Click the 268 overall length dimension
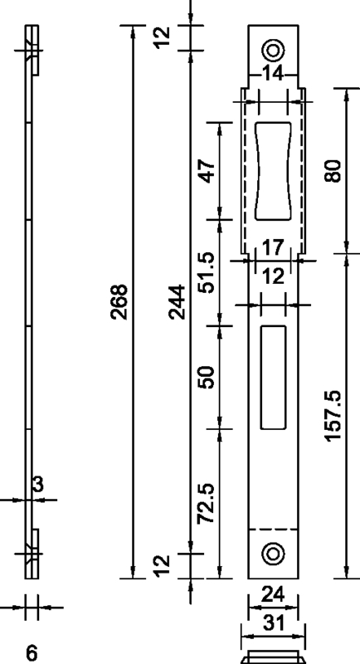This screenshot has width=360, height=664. [120, 305]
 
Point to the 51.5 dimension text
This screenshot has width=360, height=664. [207, 273]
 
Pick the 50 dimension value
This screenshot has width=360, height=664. [207, 377]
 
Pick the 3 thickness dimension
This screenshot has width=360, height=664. [37, 486]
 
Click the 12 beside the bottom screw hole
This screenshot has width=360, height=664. [163, 564]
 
